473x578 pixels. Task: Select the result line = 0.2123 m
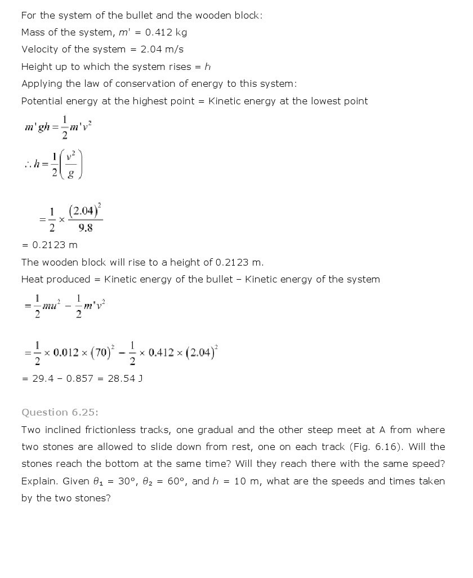[x=50, y=245]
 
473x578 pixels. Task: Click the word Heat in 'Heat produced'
[x=32, y=279]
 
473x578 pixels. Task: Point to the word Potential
[x=42, y=101]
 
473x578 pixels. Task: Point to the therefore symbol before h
[x=28, y=165]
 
